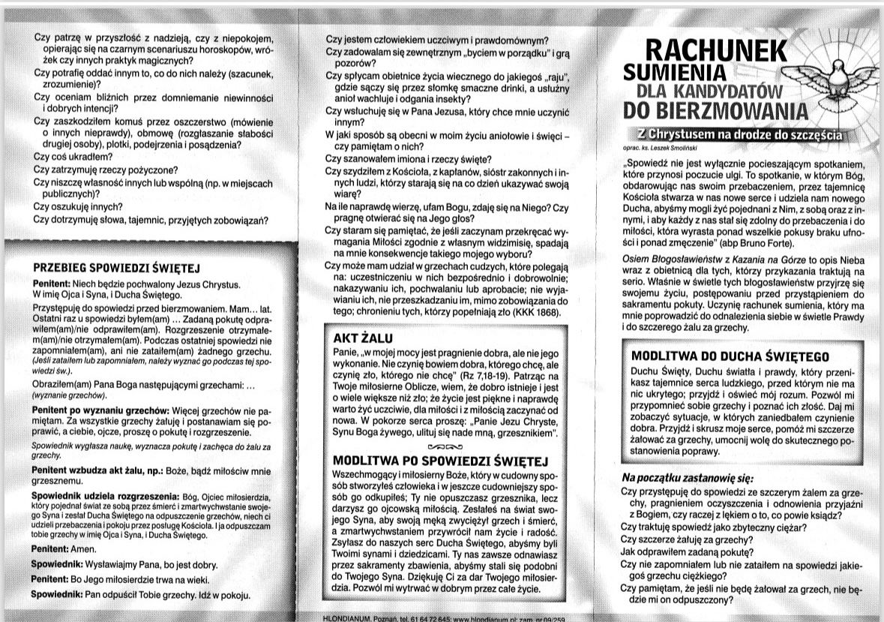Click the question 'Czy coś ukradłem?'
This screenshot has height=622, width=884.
coord(73,157)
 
